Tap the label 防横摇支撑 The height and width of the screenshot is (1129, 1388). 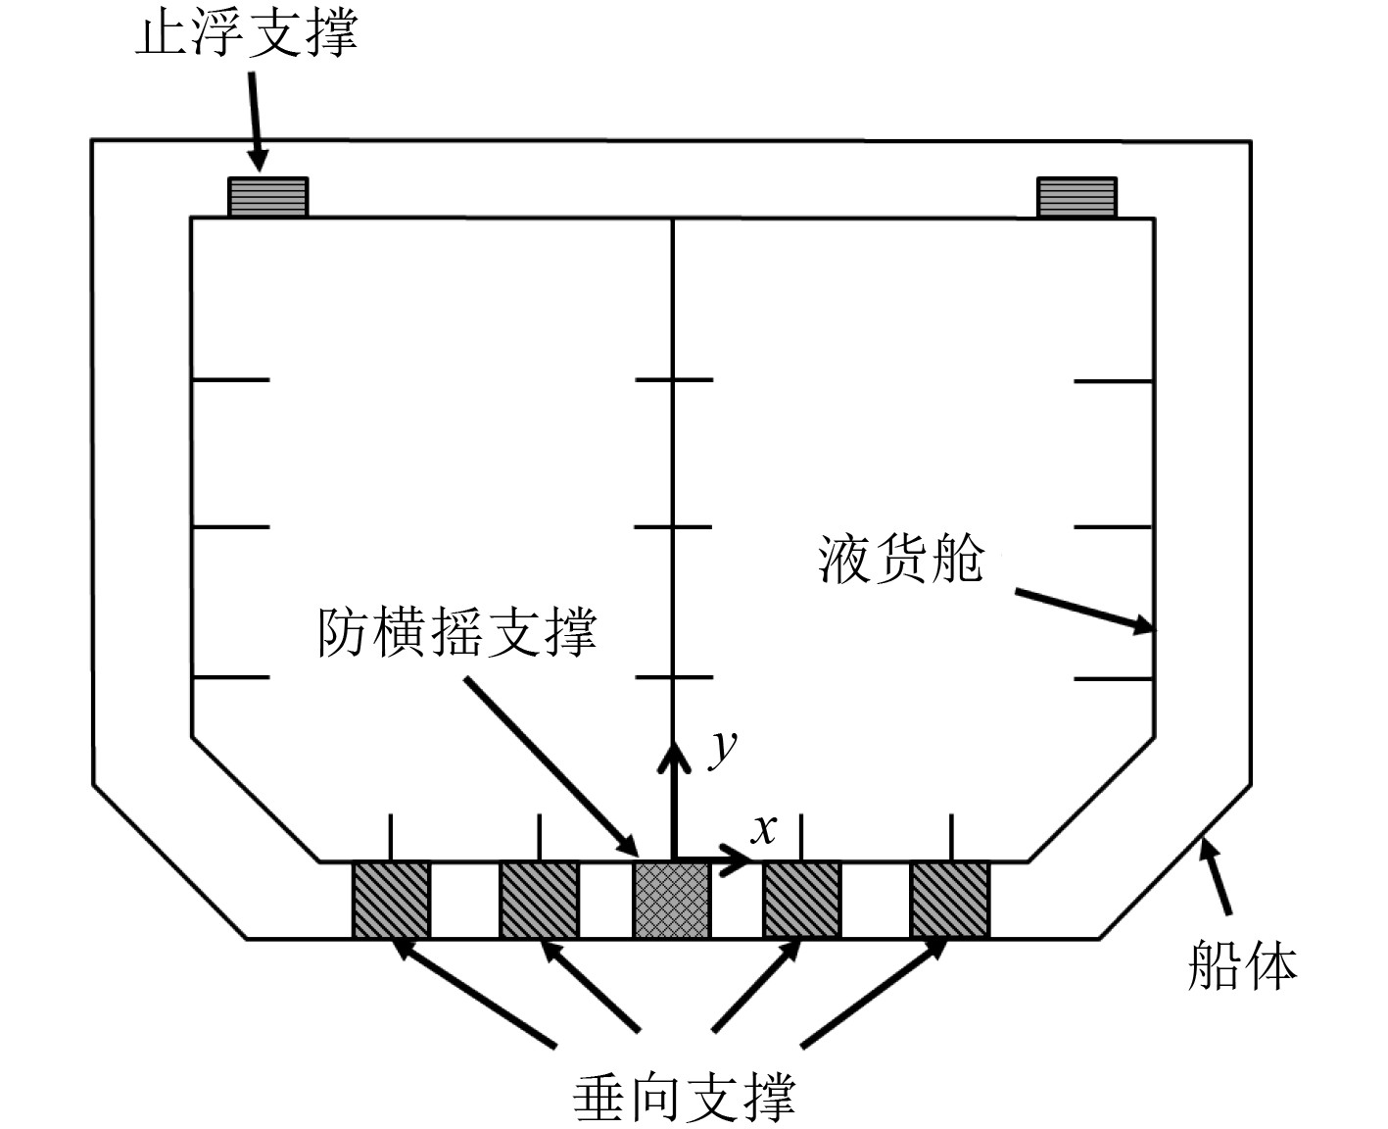[x=456, y=633]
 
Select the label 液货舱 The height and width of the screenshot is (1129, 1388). [x=899, y=561]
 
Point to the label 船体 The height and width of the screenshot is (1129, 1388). [x=1241, y=965]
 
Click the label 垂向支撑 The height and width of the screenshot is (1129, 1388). [x=683, y=1097]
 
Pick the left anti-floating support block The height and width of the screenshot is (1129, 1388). [x=267, y=197]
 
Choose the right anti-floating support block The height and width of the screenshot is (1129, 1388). [x=1077, y=197]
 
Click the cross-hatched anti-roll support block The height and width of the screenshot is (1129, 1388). [x=672, y=900]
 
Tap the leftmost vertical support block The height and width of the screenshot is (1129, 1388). [x=391, y=900]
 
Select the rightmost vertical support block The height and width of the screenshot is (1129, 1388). [x=949, y=900]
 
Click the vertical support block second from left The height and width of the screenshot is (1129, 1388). [x=539, y=900]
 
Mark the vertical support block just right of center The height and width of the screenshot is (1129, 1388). [x=801, y=900]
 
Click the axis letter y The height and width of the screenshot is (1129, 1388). [x=724, y=749]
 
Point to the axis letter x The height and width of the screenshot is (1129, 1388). [x=762, y=829]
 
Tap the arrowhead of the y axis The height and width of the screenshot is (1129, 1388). [x=673, y=756]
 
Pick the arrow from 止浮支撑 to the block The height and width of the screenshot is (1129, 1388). [x=255, y=123]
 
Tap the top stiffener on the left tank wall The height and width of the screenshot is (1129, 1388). [x=230, y=379]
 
